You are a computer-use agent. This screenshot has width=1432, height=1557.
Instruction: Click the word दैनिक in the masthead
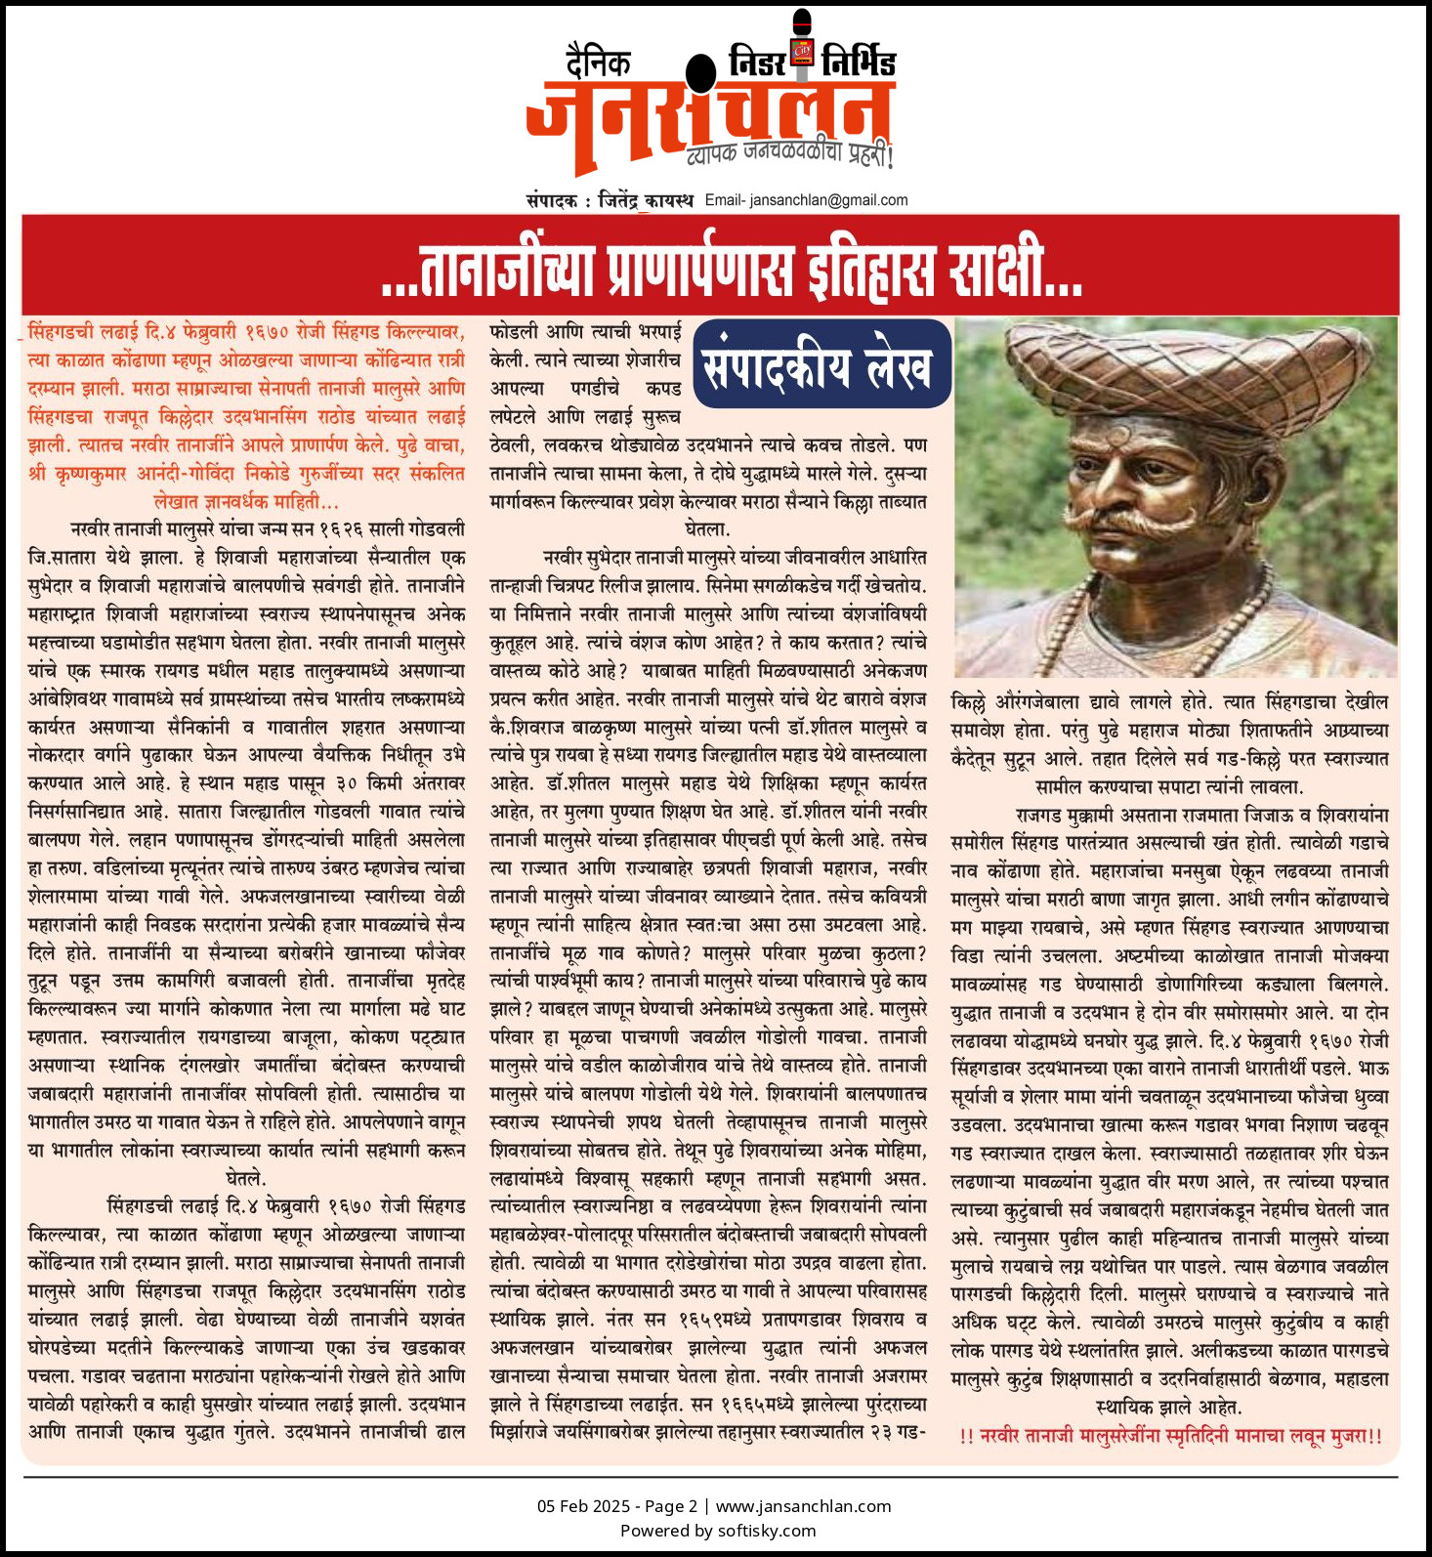point(598,63)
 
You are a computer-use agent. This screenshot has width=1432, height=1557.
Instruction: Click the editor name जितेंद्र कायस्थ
point(646,200)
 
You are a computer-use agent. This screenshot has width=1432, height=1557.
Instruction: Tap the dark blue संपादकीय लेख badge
point(821,363)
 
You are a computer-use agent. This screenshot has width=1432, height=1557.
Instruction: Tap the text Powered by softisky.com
point(717,1531)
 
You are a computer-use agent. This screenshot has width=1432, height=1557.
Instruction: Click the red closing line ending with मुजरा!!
point(1170,1436)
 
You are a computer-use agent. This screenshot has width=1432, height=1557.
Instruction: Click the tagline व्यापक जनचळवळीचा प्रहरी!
point(789,153)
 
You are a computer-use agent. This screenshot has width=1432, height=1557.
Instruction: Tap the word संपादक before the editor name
point(552,200)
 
